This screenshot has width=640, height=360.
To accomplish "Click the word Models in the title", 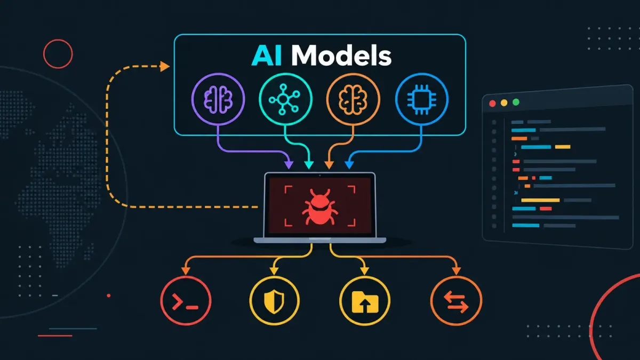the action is [341, 55].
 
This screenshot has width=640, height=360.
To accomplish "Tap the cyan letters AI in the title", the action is [267, 55].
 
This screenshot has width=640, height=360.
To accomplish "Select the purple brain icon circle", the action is [218, 99].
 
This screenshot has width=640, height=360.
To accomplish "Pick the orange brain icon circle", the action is [353, 99].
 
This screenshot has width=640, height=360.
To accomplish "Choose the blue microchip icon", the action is [422, 99].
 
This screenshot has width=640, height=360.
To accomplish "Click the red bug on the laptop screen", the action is [320, 206].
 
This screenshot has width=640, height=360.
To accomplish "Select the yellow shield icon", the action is [274, 301].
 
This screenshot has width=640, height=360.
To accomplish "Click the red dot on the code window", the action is [492, 103].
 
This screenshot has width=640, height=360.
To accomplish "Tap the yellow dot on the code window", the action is [504, 103].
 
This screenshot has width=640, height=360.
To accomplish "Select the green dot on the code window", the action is [516, 102].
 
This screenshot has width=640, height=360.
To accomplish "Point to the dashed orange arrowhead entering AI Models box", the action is [165, 66].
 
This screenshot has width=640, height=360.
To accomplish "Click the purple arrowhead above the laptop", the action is [289, 165].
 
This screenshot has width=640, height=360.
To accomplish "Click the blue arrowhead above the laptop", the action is [349, 165].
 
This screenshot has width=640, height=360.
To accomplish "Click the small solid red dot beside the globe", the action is [109, 295].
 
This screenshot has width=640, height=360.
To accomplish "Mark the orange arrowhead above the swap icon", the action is [457, 270].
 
